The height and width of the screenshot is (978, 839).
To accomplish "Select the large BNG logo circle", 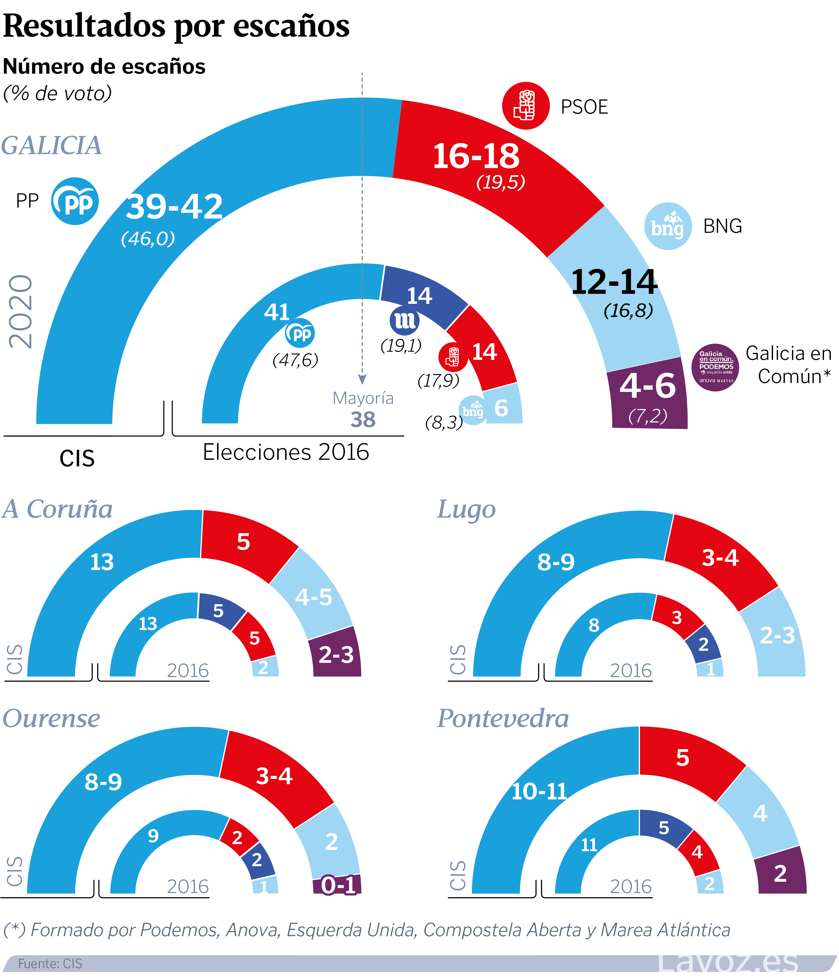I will click(668, 226).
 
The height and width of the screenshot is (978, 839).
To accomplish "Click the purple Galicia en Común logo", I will click(715, 367).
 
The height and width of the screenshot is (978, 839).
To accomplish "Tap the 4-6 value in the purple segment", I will click(647, 386).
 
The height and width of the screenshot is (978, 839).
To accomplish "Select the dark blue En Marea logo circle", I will click(404, 320).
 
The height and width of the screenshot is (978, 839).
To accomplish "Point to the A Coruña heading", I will click(58, 509).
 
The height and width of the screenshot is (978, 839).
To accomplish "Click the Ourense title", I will click(52, 719).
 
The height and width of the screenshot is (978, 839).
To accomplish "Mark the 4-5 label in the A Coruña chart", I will click(314, 597).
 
